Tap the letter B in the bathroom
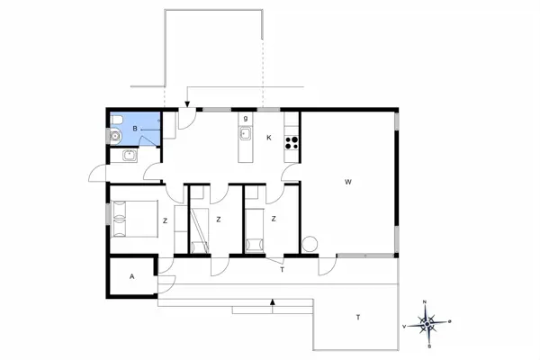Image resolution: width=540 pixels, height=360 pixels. tap(135, 130)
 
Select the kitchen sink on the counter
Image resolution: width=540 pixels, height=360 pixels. tap(245, 135)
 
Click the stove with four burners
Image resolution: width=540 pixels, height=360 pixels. tap(292, 140)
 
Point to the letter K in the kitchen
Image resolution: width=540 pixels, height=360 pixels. tap(268, 137)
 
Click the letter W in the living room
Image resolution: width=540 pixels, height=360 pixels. tap(347, 183)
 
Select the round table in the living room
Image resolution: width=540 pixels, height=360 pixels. tap(310, 243)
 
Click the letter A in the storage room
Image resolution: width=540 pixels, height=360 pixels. tap(132, 276)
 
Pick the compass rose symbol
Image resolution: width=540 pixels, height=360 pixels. tap(430, 321)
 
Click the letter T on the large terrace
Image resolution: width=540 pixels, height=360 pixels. tap(358, 317)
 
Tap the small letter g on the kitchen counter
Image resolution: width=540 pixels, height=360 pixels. tap(245, 118)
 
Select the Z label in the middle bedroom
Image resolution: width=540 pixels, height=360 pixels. tap(218, 219)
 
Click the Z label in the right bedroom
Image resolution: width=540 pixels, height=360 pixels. tap(272, 219)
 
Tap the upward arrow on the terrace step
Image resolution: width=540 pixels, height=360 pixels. tap(272, 305)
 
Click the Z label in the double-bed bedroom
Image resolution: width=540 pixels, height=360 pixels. tap(165, 220)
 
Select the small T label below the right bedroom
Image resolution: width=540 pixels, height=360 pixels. tap(282, 269)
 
